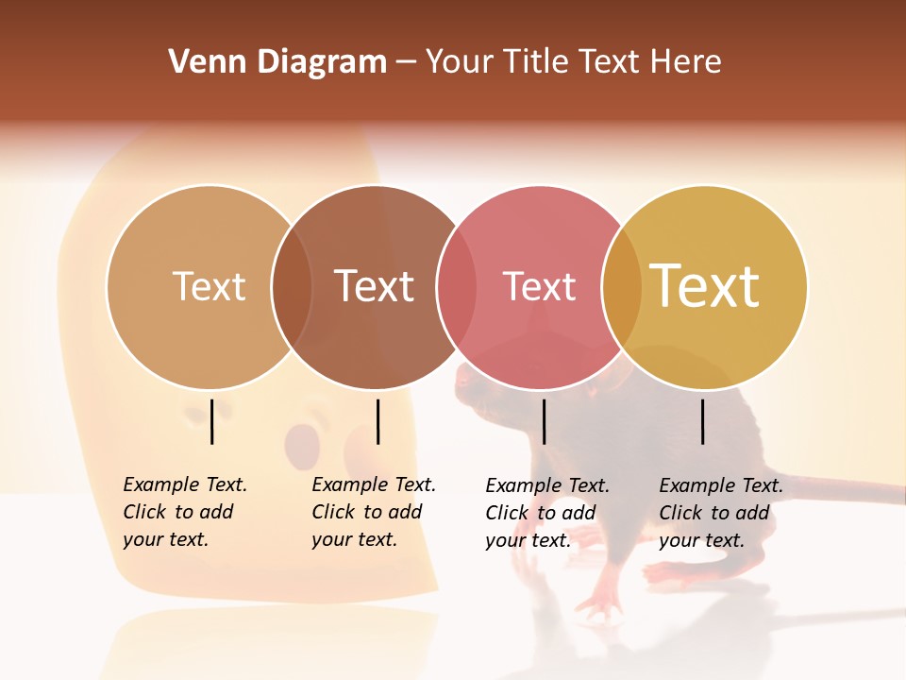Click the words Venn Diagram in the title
pos(277,62)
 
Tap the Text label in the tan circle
pos(209,286)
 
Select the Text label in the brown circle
pos(374,286)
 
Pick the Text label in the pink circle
pos(539,286)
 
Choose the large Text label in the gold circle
pos(705,286)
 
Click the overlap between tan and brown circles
pos(292,287)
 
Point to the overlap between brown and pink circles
pos(457,287)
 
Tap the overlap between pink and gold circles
pos(622,287)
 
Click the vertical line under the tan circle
pos(212,421)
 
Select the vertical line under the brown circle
pos(377,421)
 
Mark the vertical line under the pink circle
pos(544,421)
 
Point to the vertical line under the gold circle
pos(702,421)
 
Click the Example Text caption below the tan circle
pos(184,512)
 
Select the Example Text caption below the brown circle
pos(373,512)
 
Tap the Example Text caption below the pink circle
pos(546,513)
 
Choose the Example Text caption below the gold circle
pos(720,513)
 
